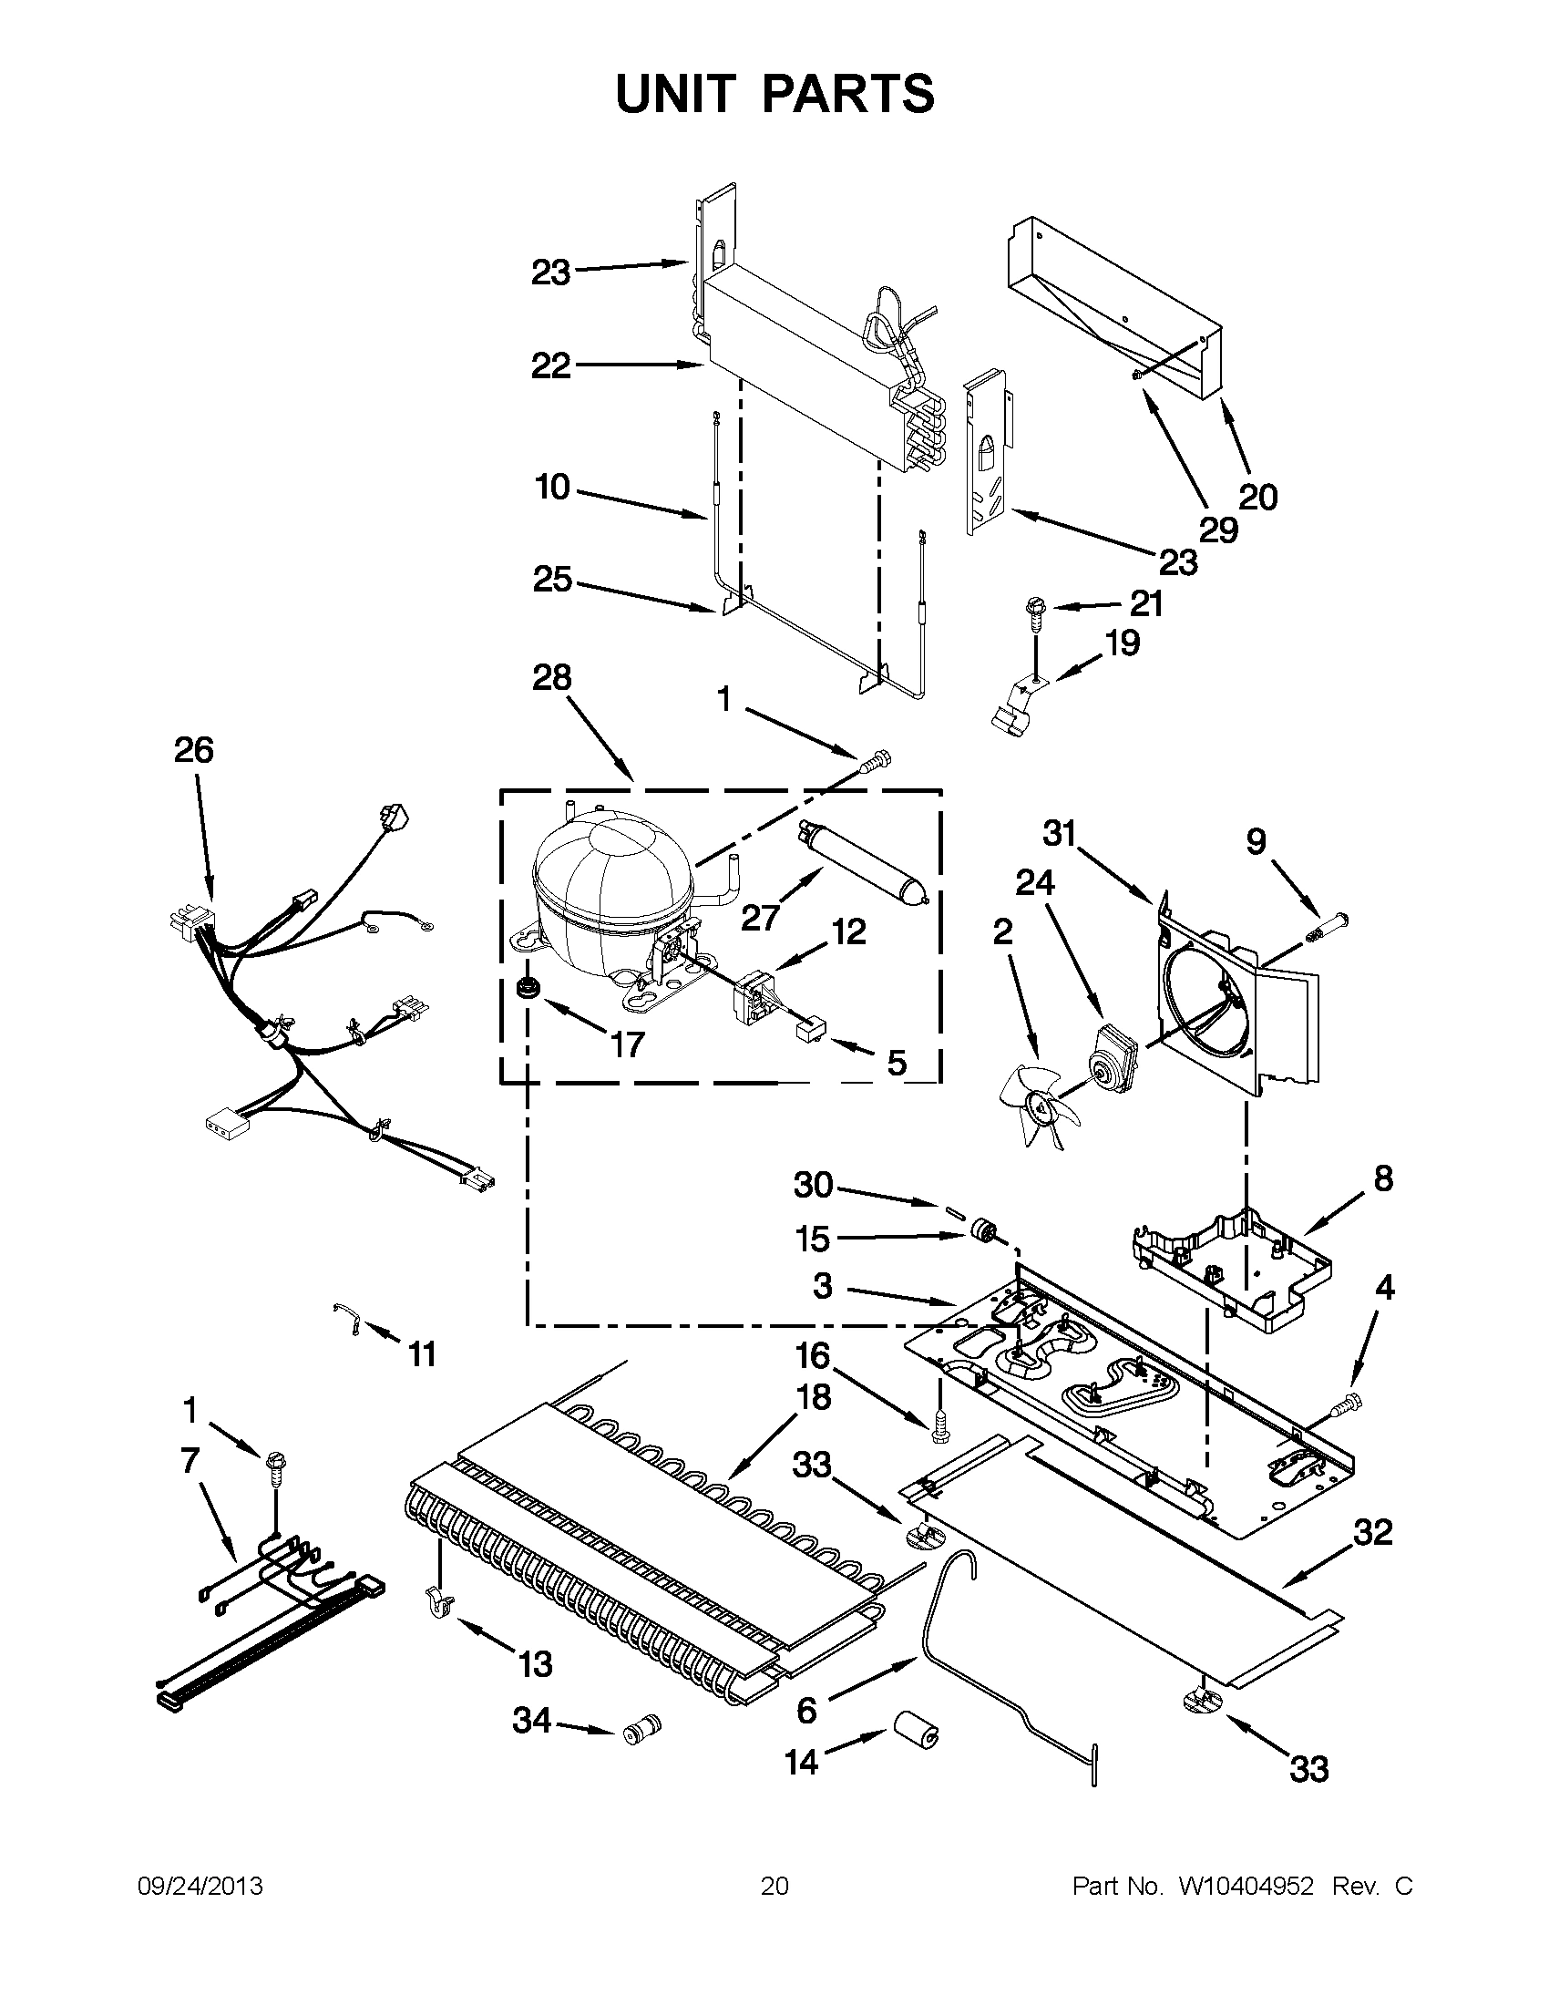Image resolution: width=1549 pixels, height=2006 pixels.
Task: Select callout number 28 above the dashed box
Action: click(552, 679)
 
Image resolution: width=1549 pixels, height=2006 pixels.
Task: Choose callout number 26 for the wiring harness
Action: click(194, 750)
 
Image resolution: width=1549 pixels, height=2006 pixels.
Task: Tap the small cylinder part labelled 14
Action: click(916, 1734)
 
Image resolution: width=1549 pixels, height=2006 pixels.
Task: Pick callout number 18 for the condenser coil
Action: click(814, 1397)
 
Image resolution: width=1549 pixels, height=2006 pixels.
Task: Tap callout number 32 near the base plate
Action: click(1372, 1532)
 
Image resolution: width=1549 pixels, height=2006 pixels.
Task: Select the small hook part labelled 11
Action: click(348, 1320)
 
